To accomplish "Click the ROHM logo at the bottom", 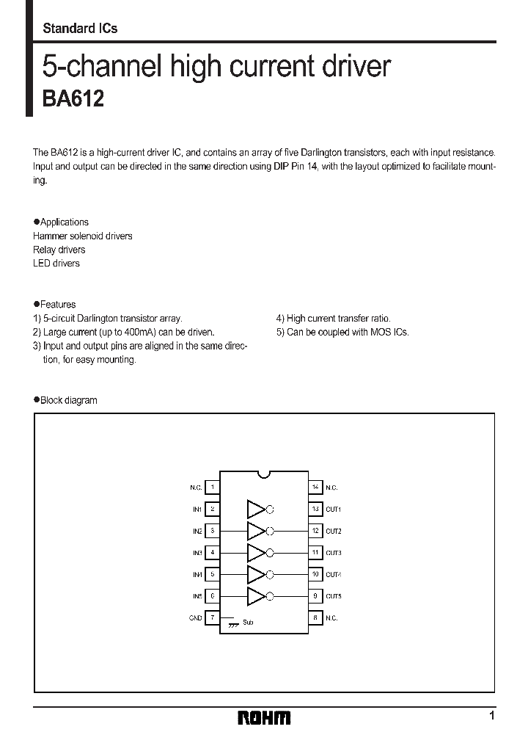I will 264,717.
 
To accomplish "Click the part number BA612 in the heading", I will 73,99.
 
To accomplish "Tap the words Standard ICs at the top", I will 80,29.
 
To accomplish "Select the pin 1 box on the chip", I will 213,487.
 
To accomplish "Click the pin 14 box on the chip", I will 315,487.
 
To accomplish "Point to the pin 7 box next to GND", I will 213,618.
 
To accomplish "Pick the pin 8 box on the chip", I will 315,618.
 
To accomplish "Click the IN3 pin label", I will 197,552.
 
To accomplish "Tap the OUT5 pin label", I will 334,596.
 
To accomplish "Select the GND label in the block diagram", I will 196,618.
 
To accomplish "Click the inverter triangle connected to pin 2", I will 255,509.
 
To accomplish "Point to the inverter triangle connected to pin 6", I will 255,596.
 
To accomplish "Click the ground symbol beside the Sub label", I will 233,623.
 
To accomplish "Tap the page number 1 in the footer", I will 492,716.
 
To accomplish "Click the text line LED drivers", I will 56,263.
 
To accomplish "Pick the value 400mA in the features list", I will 117,332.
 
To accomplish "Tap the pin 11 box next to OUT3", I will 315,552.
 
